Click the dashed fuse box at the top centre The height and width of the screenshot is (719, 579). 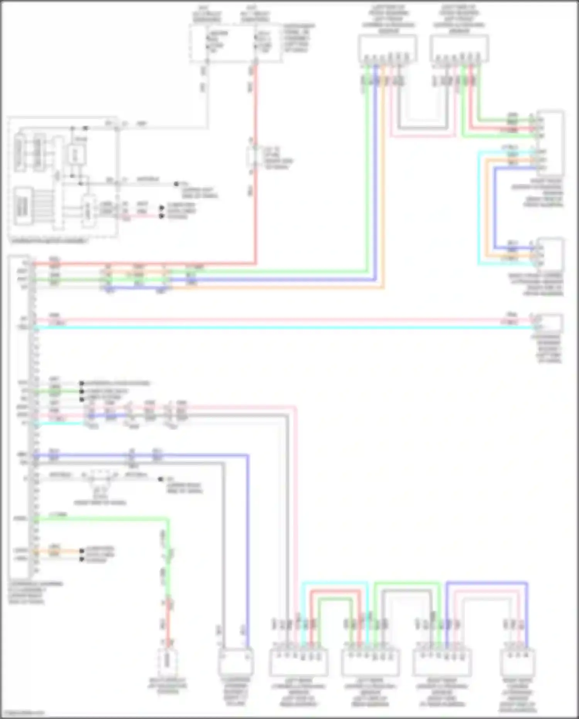pos(235,43)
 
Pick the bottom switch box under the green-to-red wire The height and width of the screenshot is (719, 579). pos(168,662)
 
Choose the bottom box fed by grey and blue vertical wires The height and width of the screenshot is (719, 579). pos(235,662)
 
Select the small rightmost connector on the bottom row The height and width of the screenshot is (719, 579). pos(518,662)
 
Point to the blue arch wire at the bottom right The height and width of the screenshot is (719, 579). pos(486,583)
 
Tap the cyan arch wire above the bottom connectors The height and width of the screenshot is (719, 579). pos(334,583)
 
